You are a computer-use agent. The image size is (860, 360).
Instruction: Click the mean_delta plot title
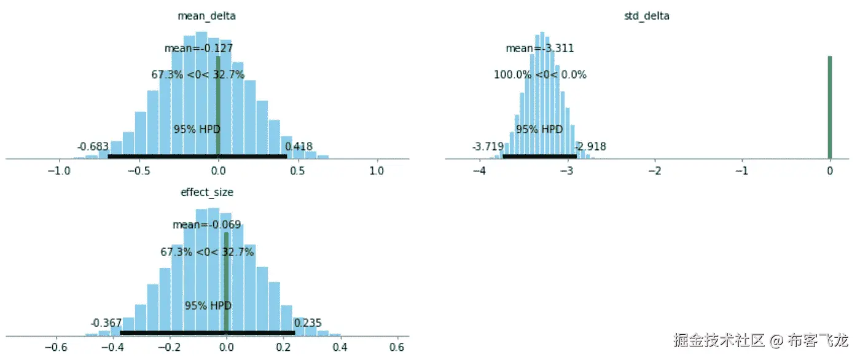click(207, 17)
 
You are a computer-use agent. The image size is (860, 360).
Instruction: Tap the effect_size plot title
click(207, 192)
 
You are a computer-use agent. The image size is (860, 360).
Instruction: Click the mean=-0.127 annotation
click(198, 48)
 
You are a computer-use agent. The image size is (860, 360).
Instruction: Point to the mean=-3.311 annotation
click(540, 48)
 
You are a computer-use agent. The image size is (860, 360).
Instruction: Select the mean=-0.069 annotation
click(206, 224)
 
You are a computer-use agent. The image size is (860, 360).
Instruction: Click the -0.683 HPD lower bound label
click(93, 147)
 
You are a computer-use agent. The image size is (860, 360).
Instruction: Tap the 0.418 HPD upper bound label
click(299, 147)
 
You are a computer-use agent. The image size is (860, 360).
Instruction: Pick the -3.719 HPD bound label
click(488, 147)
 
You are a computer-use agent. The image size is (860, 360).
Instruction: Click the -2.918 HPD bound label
click(590, 147)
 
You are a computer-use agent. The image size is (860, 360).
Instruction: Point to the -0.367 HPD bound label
click(106, 323)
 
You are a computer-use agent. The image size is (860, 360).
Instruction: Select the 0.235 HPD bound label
click(308, 323)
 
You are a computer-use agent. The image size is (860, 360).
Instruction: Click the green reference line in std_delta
click(829, 108)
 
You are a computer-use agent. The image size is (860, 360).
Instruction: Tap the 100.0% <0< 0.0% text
click(540, 75)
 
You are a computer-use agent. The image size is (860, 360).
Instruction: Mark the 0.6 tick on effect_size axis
click(397, 346)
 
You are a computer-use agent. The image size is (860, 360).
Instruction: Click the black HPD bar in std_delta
click(539, 156)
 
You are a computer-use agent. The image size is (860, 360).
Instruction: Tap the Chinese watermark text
click(760, 340)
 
